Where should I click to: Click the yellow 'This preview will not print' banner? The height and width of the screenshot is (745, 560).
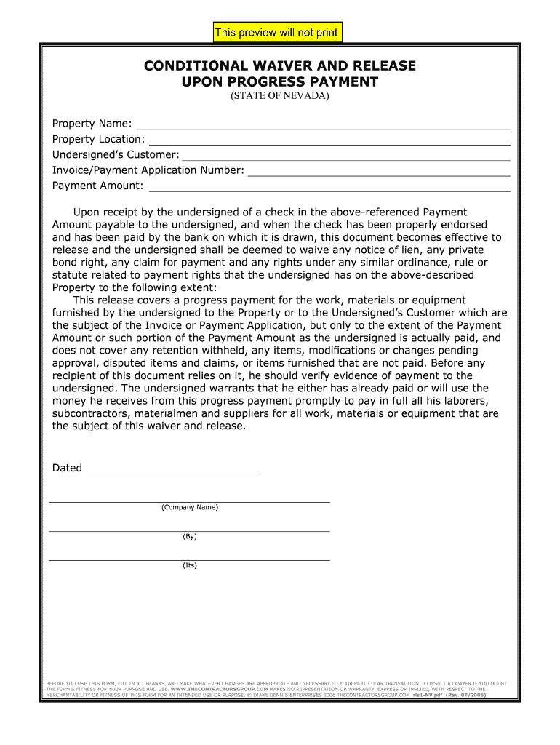[x=276, y=33]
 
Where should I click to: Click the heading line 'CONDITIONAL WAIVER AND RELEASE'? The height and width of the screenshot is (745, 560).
[x=280, y=66]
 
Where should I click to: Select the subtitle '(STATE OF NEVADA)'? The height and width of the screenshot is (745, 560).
[x=280, y=96]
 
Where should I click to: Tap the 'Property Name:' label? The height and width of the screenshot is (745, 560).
[x=92, y=124]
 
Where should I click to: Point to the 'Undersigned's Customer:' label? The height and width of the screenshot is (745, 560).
[x=116, y=154]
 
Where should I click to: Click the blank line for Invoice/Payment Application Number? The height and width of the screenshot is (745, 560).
[x=379, y=174]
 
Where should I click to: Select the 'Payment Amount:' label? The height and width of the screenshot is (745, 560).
[x=98, y=186]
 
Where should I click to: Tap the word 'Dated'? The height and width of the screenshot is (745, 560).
[x=67, y=468]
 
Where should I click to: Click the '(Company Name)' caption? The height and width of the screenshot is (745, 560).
[x=190, y=507]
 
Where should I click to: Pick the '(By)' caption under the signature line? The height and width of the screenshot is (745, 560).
[x=190, y=536]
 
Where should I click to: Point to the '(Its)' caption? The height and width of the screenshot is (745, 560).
[x=190, y=565]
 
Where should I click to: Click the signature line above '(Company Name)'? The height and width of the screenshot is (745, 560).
[x=189, y=502]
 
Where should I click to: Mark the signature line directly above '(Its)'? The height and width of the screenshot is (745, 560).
[x=189, y=560]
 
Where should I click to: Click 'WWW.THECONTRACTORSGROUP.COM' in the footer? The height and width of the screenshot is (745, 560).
[x=220, y=689]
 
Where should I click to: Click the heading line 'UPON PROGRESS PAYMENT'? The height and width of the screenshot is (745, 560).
[x=280, y=81]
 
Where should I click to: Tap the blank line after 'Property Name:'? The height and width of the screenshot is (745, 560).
[x=324, y=127]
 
